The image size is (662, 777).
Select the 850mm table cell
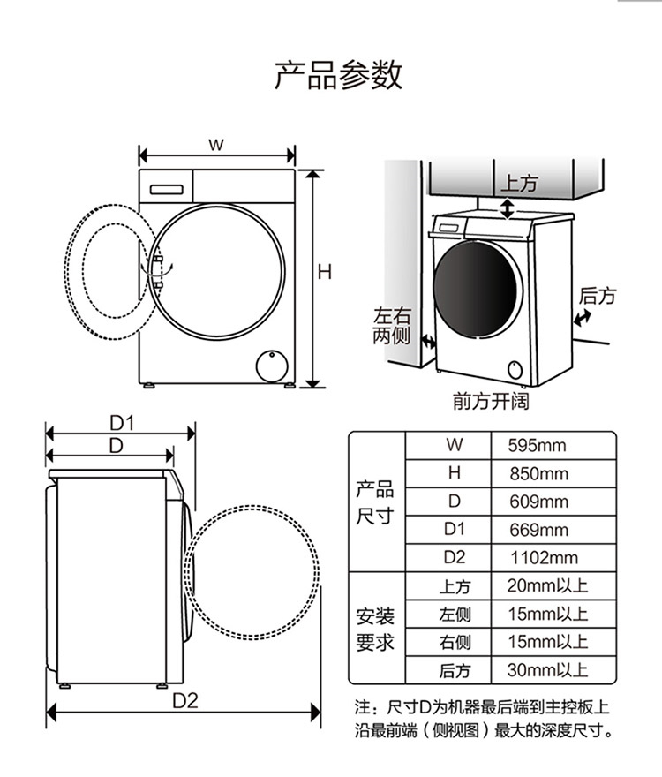(x=538, y=474)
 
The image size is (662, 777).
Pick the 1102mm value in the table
(x=544, y=558)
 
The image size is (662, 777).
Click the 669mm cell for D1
(x=538, y=531)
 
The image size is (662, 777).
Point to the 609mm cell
(x=538, y=502)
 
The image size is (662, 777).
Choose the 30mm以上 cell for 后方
(x=547, y=670)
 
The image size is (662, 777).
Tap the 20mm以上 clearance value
(x=547, y=586)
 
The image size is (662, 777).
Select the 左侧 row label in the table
(x=455, y=615)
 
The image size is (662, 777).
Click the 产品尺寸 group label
(x=375, y=502)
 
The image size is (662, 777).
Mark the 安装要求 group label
(x=375, y=628)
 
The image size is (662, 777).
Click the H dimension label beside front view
(x=325, y=273)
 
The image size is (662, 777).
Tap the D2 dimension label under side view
(x=184, y=701)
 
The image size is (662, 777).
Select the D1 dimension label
(x=120, y=423)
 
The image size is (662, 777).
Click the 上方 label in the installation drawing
(x=519, y=184)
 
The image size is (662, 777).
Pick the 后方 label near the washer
(x=598, y=296)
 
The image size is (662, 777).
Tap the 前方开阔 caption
(x=490, y=402)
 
